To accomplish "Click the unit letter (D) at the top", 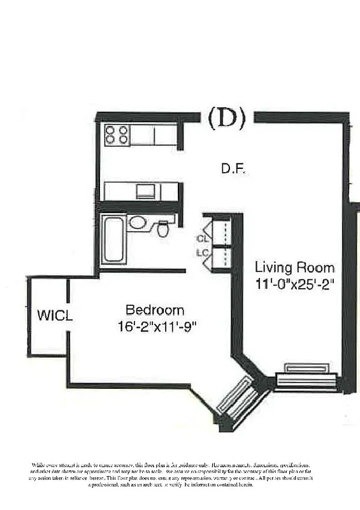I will [x=227, y=119].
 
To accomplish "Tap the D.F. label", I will [x=234, y=169].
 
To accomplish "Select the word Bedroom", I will [x=155, y=310].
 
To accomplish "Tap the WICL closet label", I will [x=54, y=315].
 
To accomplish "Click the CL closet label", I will [x=203, y=239].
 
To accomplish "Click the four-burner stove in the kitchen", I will [x=117, y=135].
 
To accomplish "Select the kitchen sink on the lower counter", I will [x=145, y=191].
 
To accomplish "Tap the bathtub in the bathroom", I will [x=113, y=240].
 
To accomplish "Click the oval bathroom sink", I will [x=137, y=222].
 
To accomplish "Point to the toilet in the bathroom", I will [x=164, y=228].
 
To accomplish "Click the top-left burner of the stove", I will [x=110, y=130].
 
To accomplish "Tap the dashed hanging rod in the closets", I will [x=222, y=246].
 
